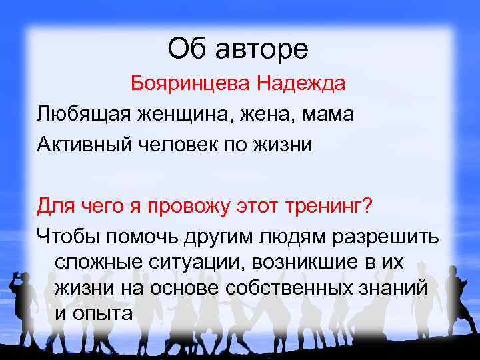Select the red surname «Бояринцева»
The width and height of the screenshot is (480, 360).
(x=191, y=85)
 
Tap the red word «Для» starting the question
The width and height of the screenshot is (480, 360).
(x=54, y=204)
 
